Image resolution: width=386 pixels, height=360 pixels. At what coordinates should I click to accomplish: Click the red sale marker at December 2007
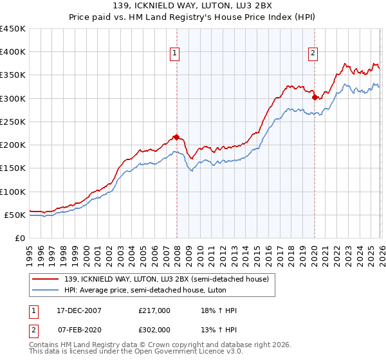coord(176,137)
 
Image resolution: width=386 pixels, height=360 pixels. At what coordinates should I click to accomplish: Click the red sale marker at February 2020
coord(315,98)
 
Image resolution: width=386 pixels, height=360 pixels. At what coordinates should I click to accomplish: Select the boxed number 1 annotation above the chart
coord(175,54)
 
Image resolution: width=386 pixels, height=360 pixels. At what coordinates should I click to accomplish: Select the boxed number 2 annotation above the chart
coord(313,54)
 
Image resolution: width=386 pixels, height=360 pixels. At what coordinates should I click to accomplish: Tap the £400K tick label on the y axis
coord(12,52)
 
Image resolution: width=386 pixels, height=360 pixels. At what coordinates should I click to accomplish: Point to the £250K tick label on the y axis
coord(12,122)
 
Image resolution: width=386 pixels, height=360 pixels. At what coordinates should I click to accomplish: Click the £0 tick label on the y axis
coord(19,239)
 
